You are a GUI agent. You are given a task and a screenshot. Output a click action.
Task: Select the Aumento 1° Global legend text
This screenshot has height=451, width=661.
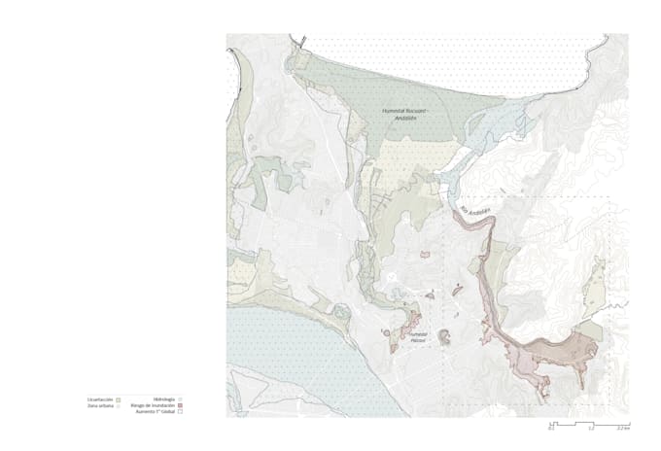pyautogui.click(x=156, y=412)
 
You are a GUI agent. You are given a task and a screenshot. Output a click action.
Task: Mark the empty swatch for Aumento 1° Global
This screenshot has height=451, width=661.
pyautogui.click(x=181, y=412)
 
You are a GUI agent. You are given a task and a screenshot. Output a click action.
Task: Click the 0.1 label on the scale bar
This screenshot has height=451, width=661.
pyautogui.click(x=551, y=430)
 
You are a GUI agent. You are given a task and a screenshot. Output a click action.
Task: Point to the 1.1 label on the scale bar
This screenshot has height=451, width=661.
pyautogui.click(x=590, y=430)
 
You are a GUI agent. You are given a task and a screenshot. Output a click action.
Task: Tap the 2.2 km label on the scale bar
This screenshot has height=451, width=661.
pyautogui.click(x=623, y=430)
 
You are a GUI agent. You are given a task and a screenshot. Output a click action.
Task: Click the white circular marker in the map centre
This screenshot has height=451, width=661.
pyautogui.click(x=393, y=277)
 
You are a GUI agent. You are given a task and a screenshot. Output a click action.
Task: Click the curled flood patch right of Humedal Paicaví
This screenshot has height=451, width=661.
pyautogui.click(x=444, y=337)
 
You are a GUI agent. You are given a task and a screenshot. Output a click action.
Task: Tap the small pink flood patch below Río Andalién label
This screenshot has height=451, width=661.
pyautogui.click(x=424, y=256)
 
